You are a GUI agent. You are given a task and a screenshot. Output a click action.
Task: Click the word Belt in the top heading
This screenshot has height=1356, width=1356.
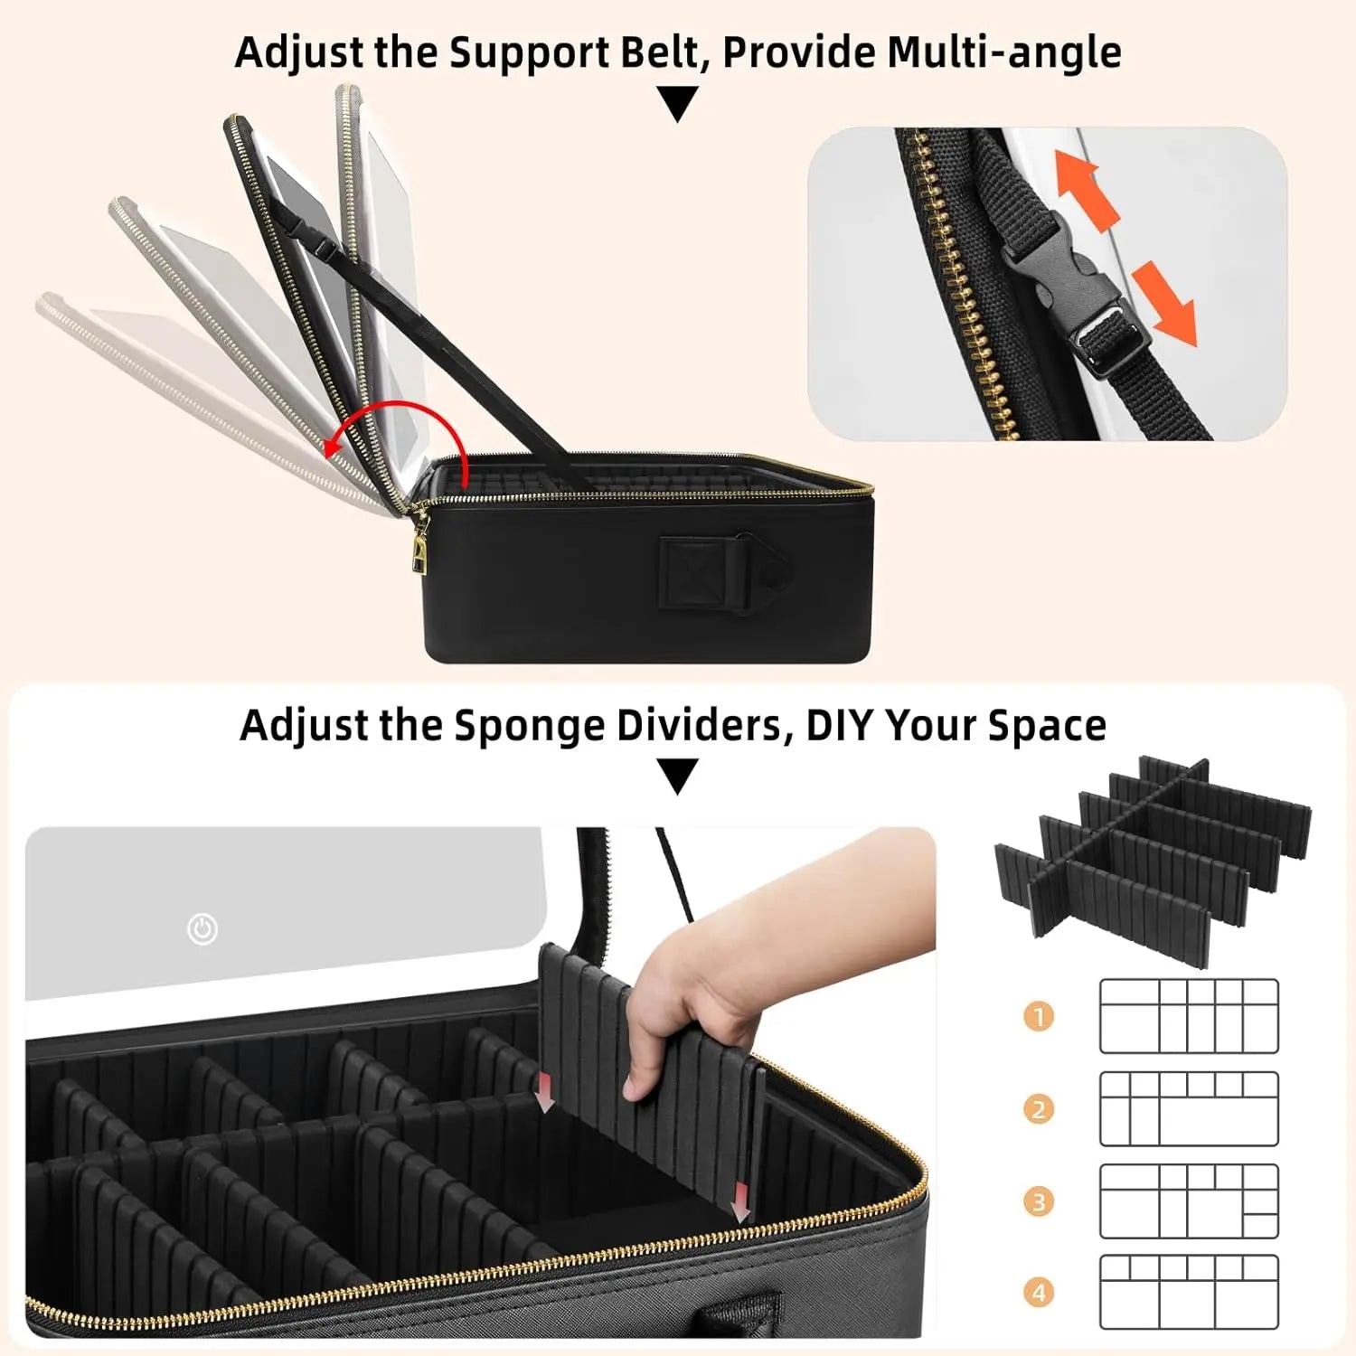click(x=654, y=52)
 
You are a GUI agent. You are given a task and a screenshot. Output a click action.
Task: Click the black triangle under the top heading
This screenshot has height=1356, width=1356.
click(x=678, y=102)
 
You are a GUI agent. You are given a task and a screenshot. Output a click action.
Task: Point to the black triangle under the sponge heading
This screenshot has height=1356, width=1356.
click(x=678, y=776)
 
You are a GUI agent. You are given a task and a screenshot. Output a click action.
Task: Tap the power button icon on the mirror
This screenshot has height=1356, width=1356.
click(x=202, y=929)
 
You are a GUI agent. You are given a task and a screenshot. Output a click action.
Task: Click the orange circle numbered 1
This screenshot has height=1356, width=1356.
click(x=1039, y=1017)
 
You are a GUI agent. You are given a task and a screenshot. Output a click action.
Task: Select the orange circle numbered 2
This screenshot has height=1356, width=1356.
click(x=1039, y=1109)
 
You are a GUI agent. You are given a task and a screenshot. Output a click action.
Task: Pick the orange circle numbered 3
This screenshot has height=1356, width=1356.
click(x=1039, y=1202)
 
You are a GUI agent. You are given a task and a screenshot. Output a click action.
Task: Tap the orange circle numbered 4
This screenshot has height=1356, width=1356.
click(x=1039, y=1293)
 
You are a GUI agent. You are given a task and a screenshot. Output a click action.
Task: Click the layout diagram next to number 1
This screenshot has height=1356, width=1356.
click(x=1189, y=1016)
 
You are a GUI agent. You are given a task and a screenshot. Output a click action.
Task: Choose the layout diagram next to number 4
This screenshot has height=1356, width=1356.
click(x=1189, y=1292)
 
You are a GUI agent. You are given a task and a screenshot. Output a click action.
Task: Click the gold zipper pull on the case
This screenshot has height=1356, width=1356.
click(x=419, y=548)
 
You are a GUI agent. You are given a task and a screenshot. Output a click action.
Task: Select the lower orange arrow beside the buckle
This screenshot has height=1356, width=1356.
click(x=1165, y=303)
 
